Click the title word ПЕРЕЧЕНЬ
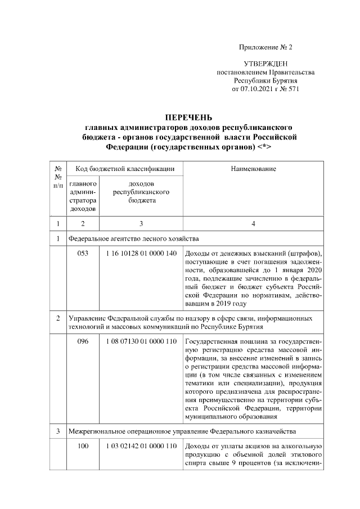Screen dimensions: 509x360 (188, 118)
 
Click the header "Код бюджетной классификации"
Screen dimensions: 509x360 (125, 169)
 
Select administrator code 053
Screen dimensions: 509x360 (83, 253)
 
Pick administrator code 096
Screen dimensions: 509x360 (83, 341)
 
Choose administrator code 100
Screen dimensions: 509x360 (83, 446)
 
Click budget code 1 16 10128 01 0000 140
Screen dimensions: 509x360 (141, 253)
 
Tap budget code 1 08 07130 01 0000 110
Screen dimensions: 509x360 (141, 341)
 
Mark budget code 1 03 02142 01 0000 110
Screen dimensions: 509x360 (141, 446)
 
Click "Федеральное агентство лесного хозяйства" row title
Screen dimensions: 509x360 (133, 238)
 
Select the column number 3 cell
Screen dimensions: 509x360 (141, 223)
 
